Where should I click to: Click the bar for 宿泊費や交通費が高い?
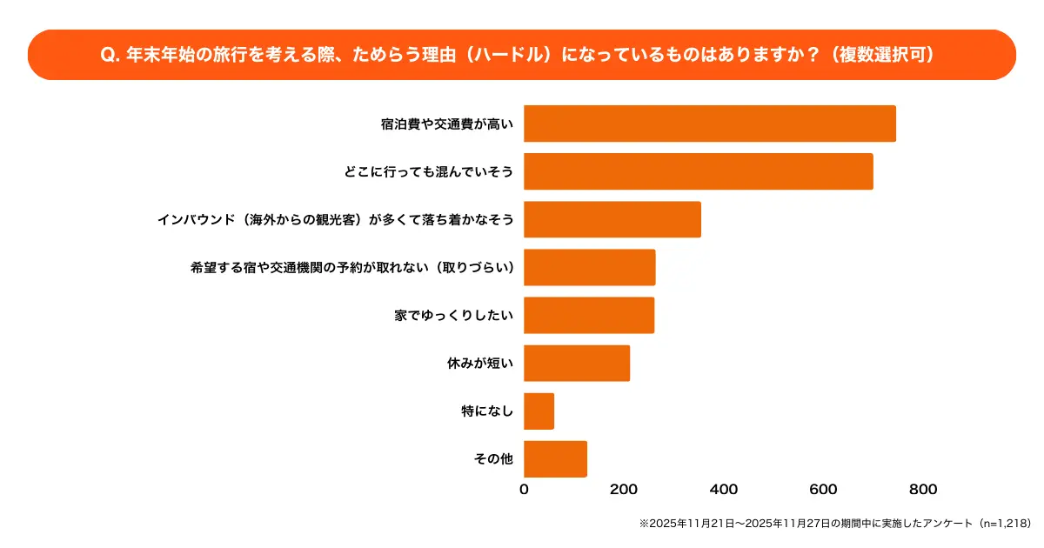click(x=709, y=124)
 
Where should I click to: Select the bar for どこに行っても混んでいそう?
click(x=698, y=171)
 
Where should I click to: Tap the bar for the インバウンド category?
click(x=612, y=219)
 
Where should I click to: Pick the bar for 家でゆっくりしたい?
click(x=588, y=315)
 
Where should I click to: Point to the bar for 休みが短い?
click(x=576, y=363)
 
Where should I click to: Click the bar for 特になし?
click(x=539, y=411)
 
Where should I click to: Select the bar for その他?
click(x=555, y=459)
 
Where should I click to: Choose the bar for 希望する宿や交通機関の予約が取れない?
click(x=589, y=267)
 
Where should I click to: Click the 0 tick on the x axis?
click(x=524, y=490)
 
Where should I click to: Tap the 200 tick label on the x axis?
click(x=624, y=490)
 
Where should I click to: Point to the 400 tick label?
click(x=724, y=490)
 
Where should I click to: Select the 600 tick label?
click(x=823, y=490)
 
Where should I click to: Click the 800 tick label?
click(x=923, y=490)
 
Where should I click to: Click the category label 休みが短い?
click(x=479, y=364)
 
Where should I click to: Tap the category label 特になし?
click(x=487, y=411)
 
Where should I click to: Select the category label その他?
click(x=493, y=459)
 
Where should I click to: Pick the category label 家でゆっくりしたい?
click(x=453, y=316)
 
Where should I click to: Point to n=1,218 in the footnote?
click(x=1004, y=524)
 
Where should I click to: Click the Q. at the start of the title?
click(x=110, y=55)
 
